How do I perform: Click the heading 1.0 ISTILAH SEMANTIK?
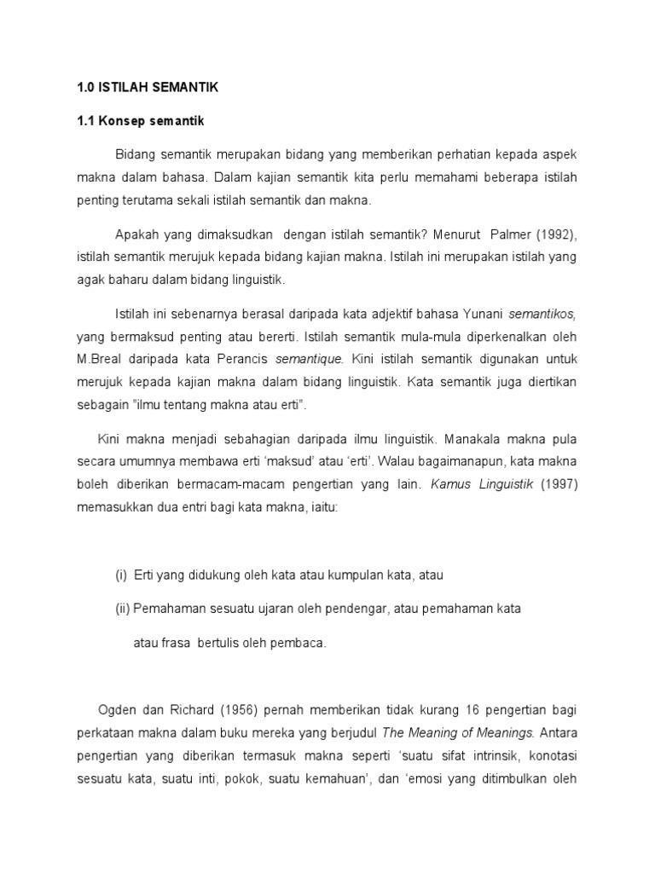148,87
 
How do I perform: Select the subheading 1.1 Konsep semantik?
141,121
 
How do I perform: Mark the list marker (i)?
121,575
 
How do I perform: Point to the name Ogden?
117,709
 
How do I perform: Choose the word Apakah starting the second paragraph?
138,234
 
